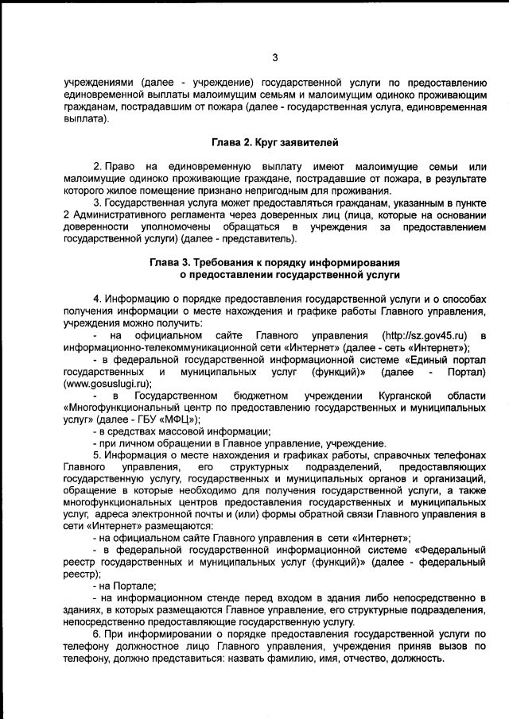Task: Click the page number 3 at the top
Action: (274, 57)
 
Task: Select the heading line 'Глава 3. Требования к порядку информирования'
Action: (274, 263)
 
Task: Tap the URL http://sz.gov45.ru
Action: (425, 335)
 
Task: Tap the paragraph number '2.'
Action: (99, 168)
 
